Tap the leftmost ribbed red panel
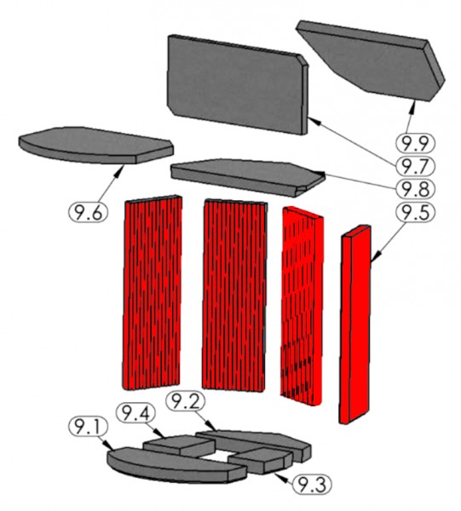pos(153,290)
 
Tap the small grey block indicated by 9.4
pos(170,445)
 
